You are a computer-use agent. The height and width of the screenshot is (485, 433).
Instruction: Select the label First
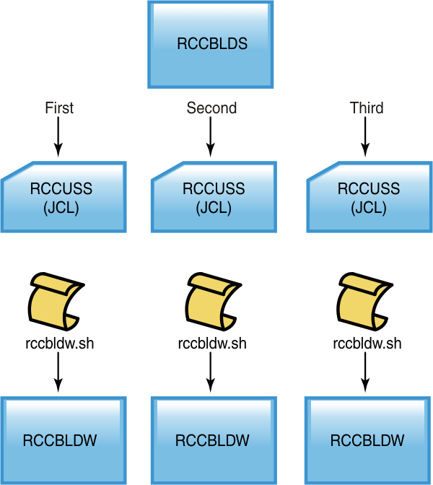(59, 108)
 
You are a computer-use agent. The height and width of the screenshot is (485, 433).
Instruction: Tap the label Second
(211, 108)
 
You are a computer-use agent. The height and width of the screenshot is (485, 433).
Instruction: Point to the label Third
(367, 108)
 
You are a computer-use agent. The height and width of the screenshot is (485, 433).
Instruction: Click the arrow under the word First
(58, 137)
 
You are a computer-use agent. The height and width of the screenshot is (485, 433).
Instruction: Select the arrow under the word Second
(211, 137)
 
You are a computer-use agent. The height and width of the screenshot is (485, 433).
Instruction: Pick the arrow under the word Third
(367, 137)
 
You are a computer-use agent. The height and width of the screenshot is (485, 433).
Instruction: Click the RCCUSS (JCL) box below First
(63, 197)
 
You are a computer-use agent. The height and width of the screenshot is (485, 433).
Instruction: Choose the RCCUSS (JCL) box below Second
(214, 197)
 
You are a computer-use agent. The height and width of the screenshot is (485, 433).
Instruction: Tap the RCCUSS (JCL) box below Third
(369, 197)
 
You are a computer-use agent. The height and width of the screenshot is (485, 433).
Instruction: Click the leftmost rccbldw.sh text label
(59, 343)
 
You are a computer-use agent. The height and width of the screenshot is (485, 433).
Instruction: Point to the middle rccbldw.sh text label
(211, 343)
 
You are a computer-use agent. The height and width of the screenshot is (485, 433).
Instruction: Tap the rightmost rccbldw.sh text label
(367, 343)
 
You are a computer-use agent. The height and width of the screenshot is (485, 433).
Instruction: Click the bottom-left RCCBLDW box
(63, 440)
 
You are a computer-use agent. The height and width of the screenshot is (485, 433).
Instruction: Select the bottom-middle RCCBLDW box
(214, 440)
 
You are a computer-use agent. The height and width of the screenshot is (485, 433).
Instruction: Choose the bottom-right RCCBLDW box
(368, 440)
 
